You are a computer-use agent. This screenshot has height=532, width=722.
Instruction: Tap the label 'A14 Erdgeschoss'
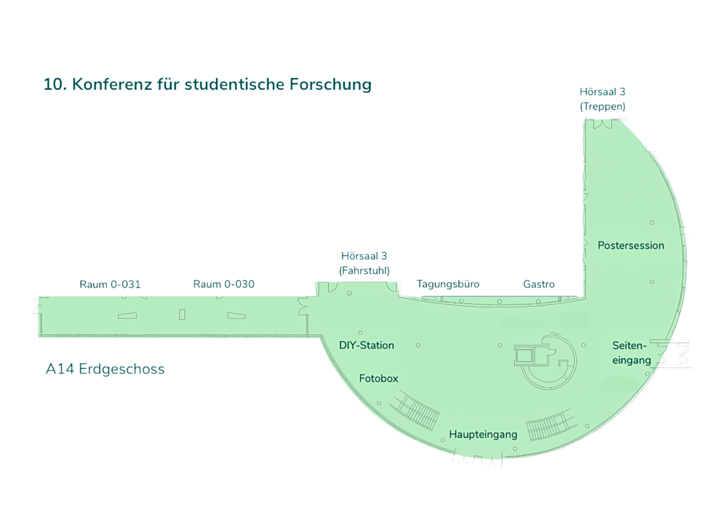pyautogui.click(x=105, y=369)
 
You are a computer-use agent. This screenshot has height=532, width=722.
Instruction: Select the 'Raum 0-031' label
pyautogui.click(x=110, y=284)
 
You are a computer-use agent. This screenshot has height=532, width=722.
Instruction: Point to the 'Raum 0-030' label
pyautogui.click(x=224, y=284)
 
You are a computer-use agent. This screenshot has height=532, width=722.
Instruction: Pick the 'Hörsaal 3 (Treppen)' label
pyautogui.click(x=602, y=99)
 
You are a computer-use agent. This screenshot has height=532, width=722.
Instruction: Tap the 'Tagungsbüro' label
pyautogui.click(x=448, y=284)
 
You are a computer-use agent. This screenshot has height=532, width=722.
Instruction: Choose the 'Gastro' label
pyautogui.click(x=539, y=284)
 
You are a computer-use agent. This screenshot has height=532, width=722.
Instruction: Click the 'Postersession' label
pyautogui.click(x=631, y=245)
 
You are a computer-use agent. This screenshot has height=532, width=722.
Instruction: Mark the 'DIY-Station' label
pyautogui.click(x=366, y=345)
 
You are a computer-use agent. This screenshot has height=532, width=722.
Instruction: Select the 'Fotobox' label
pyautogui.click(x=378, y=379)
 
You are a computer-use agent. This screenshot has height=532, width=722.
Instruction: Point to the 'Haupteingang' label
pyautogui.click(x=483, y=434)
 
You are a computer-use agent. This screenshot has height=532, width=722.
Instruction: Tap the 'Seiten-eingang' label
pyautogui.click(x=631, y=353)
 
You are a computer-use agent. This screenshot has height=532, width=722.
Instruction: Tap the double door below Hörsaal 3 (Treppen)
pyautogui.click(x=602, y=123)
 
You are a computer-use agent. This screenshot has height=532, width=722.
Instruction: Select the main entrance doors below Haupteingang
pyautogui.click(x=477, y=461)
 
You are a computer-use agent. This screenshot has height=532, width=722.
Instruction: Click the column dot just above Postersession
pyautogui.click(x=652, y=223)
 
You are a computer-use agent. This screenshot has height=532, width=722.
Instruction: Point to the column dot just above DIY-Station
pyautogui.click(x=360, y=332)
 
